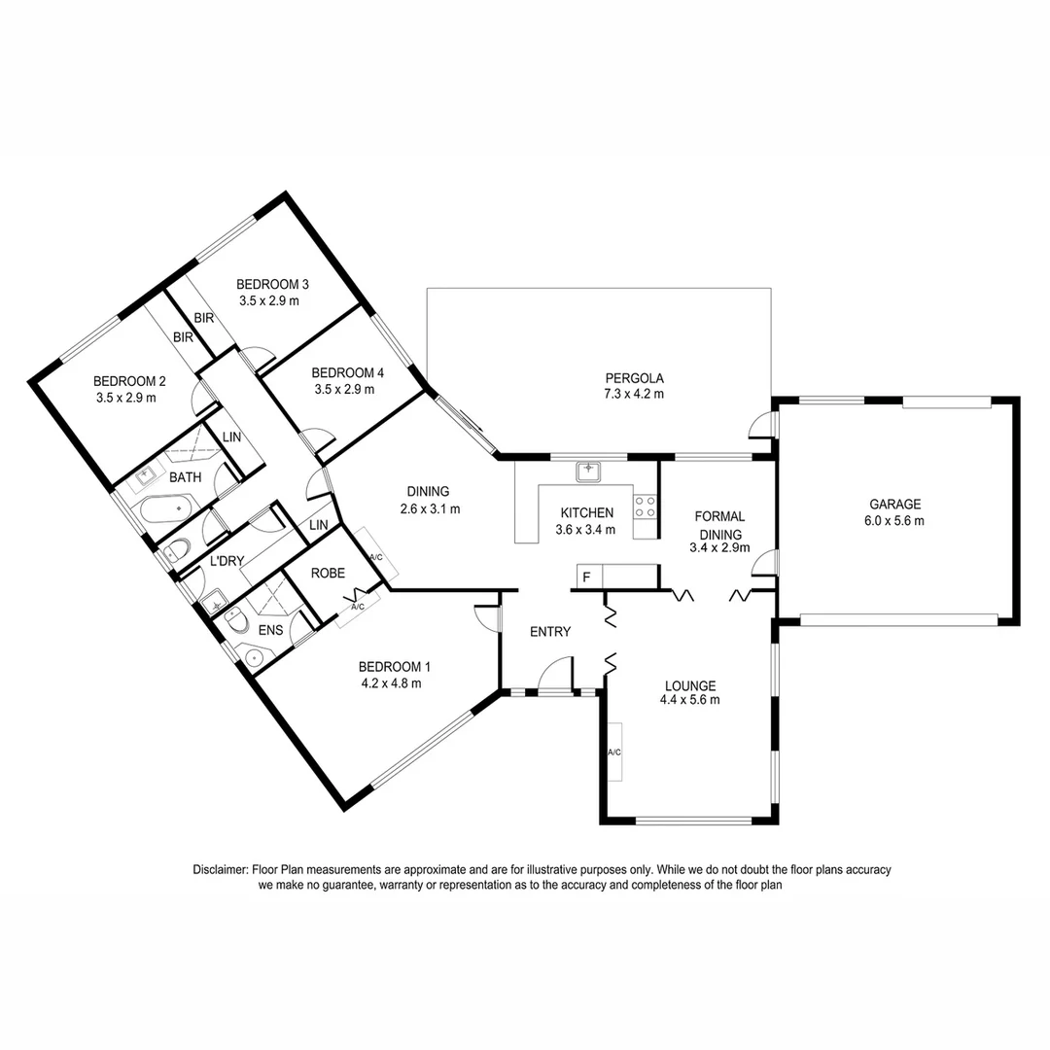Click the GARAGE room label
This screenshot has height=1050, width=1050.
tap(895, 504)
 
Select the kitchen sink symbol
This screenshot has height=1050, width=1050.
tap(588, 472)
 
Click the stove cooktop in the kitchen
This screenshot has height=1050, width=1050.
tap(645, 506)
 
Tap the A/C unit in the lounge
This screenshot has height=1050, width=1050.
tap(613, 752)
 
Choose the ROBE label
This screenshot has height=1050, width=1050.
tap(328, 574)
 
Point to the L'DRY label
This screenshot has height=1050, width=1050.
tap(226, 561)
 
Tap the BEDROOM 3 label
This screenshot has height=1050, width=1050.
tap(272, 284)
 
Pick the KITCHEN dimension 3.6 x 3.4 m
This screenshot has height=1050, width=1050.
tap(587, 530)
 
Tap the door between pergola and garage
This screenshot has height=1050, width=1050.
tap(764, 426)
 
